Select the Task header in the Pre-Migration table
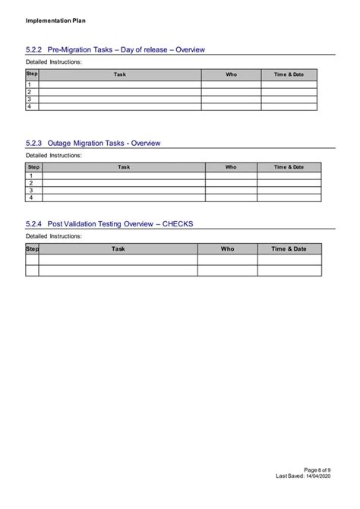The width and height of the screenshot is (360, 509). [120, 74]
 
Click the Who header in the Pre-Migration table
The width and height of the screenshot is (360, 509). [232, 74]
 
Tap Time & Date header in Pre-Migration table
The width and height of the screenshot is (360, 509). [289, 74]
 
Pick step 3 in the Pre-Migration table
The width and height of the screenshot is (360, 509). [30, 100]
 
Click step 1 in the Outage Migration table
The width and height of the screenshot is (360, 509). [31, 175]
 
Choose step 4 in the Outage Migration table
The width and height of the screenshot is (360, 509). [31, 198]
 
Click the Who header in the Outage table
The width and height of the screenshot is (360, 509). [231, 166]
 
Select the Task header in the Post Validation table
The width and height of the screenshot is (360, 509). [118, 248]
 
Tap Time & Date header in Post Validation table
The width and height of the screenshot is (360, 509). [289, 248]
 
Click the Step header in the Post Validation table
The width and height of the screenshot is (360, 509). [33, 248]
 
